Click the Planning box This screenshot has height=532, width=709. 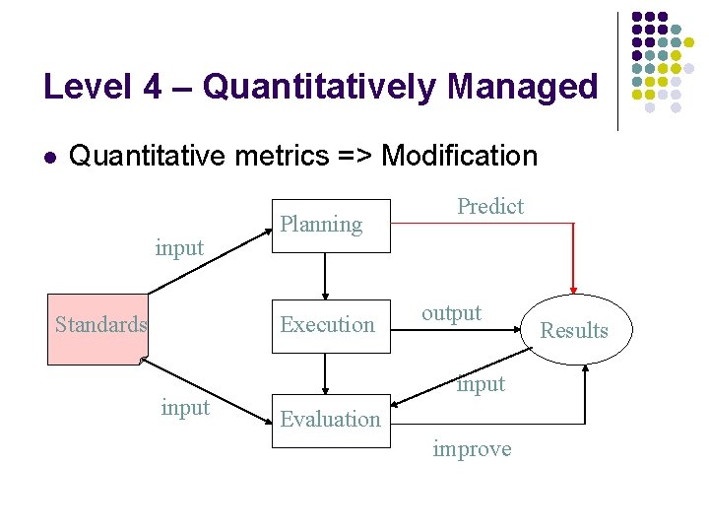point(331,225)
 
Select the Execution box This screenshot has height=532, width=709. point(331,324)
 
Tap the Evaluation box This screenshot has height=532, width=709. point(331,420)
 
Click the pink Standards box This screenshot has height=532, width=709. point(99,325)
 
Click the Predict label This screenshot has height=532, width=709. point(489,206)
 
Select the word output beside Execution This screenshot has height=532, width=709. point(451,313)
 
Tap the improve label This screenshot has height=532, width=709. point(472,449)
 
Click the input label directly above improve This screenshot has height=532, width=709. point(480,384)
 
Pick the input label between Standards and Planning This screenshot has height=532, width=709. point(179,247)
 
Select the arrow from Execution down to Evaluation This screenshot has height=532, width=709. point(326,372)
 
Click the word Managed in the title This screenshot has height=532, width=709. point(522,87)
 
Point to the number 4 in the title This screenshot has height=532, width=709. point(152,87)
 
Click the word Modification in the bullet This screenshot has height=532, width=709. point(459,156)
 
